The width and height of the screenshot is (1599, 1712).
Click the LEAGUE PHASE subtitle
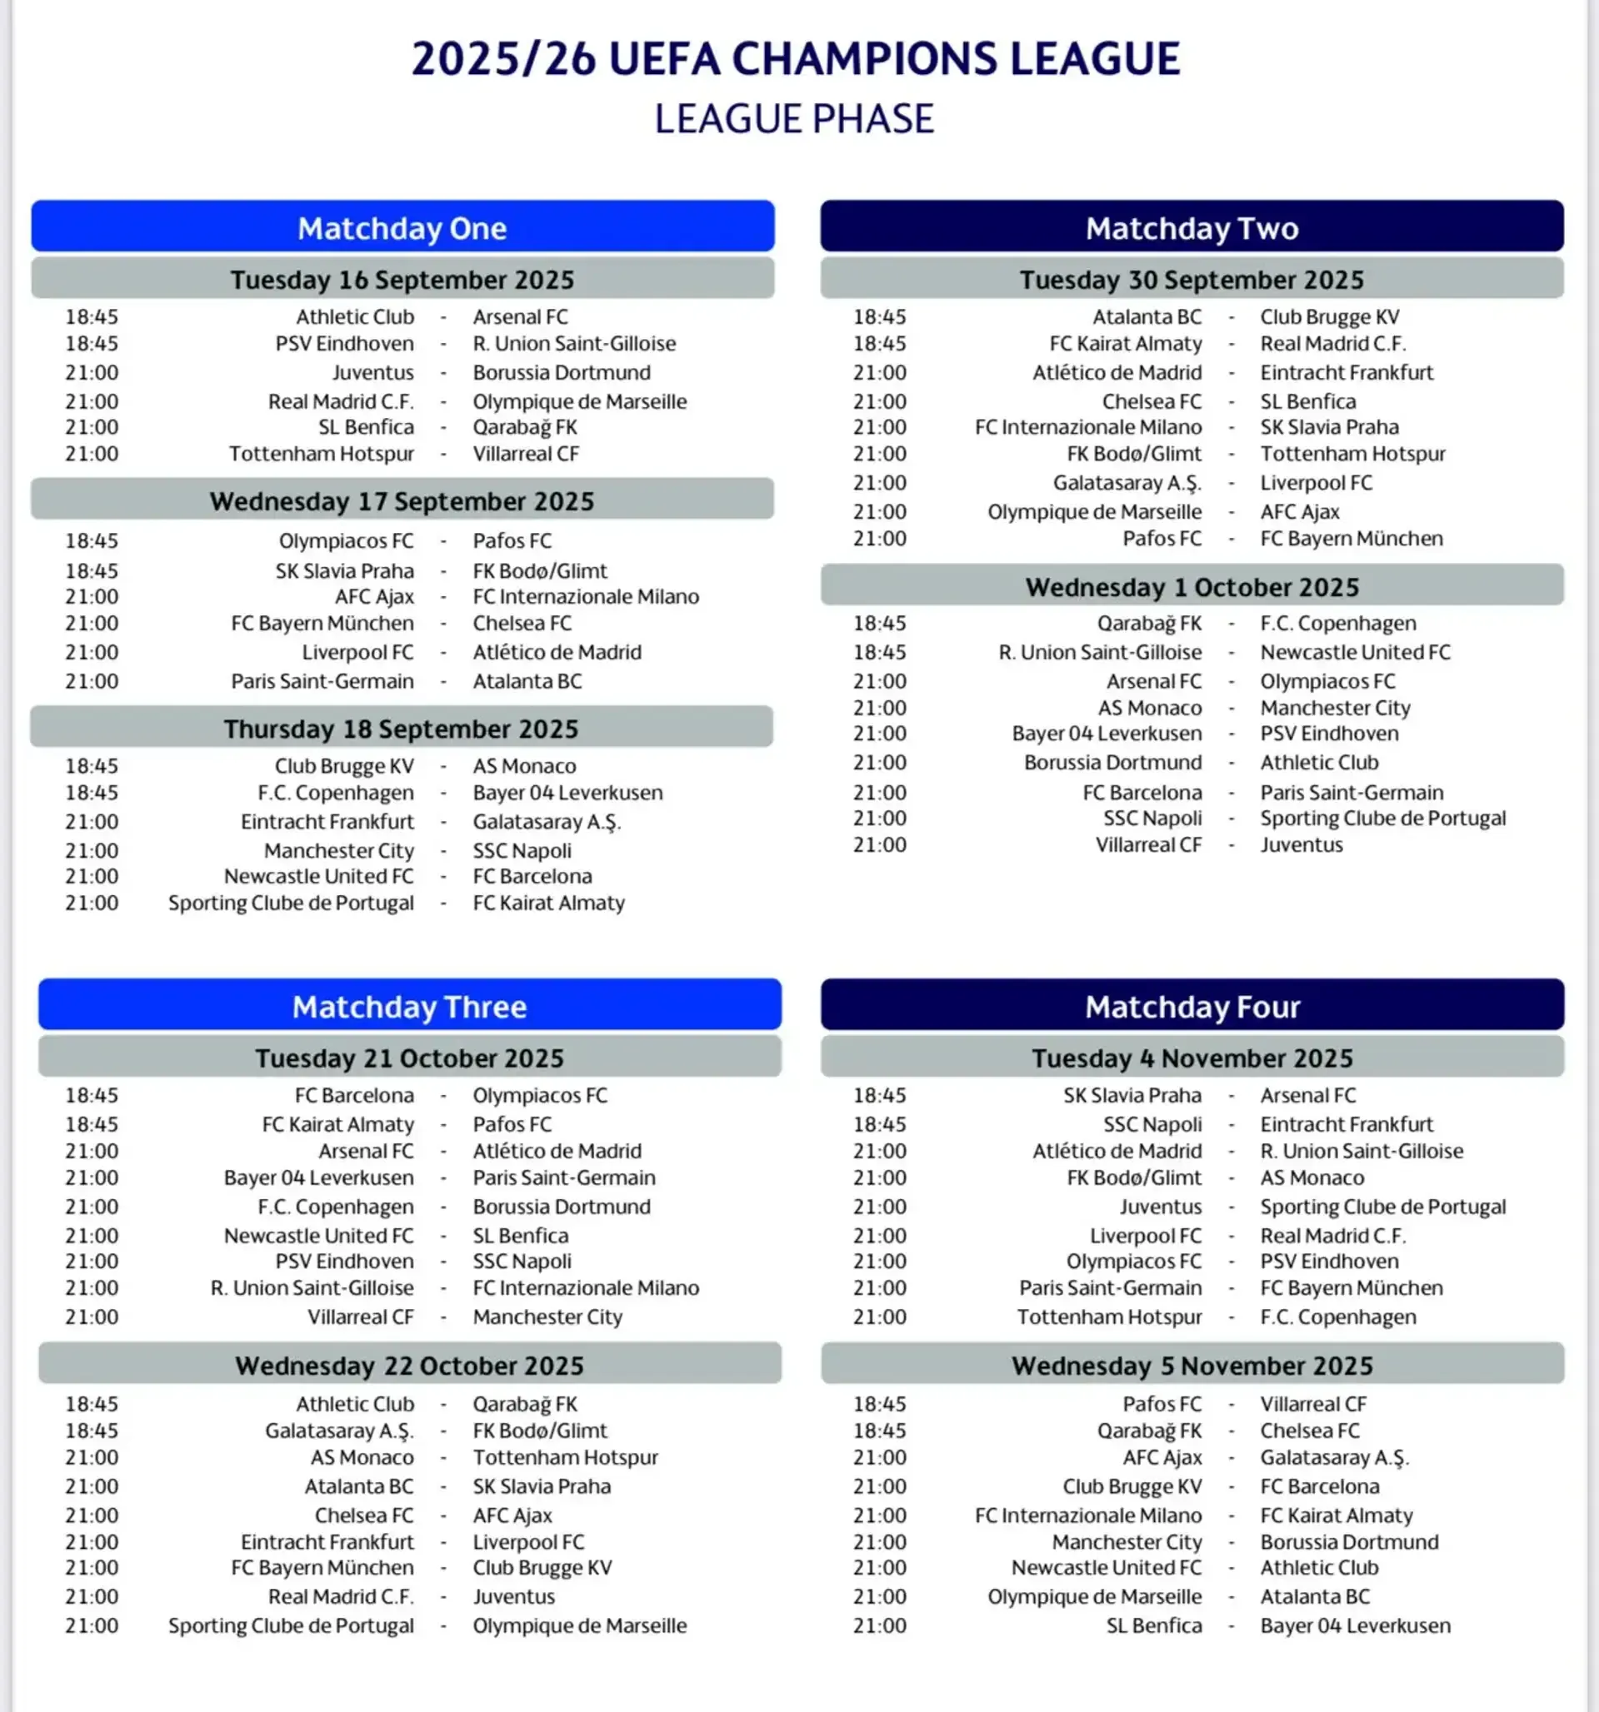click(793, 119)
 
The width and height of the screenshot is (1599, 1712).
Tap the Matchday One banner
click(402, 227)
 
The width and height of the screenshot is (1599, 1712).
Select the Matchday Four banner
click(1192, 1006)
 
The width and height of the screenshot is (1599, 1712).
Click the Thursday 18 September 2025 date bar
click(402, 729)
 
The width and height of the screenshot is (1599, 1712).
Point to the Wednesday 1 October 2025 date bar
click(1192, 587)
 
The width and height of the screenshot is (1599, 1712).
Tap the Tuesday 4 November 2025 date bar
click(1192, 1058)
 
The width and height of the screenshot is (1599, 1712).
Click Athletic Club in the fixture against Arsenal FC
click(355, 317)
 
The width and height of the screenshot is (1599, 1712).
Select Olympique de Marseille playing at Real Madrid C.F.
click(579, 401)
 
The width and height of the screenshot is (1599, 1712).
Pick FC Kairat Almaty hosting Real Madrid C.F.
click(1125, 344)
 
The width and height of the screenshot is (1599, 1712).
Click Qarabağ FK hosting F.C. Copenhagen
click(1148, 623)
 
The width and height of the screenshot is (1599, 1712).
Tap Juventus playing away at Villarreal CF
click(1301, 845)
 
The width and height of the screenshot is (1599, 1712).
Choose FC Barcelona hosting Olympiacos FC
click(354, 1096)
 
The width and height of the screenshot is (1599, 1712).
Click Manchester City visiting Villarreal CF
click(547, 1316)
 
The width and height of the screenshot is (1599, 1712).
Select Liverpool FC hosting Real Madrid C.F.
click(1145, 1236)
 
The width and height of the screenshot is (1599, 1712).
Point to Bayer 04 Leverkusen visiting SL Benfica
click(1355, 1626)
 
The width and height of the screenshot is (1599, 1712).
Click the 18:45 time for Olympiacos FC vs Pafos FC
click(92, 540)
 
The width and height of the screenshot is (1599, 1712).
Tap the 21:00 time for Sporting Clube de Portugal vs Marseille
click(92, 1626)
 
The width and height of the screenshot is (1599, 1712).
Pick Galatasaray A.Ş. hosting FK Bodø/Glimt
click(339, 1431)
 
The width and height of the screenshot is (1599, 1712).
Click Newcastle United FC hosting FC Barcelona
click(319, 877)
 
